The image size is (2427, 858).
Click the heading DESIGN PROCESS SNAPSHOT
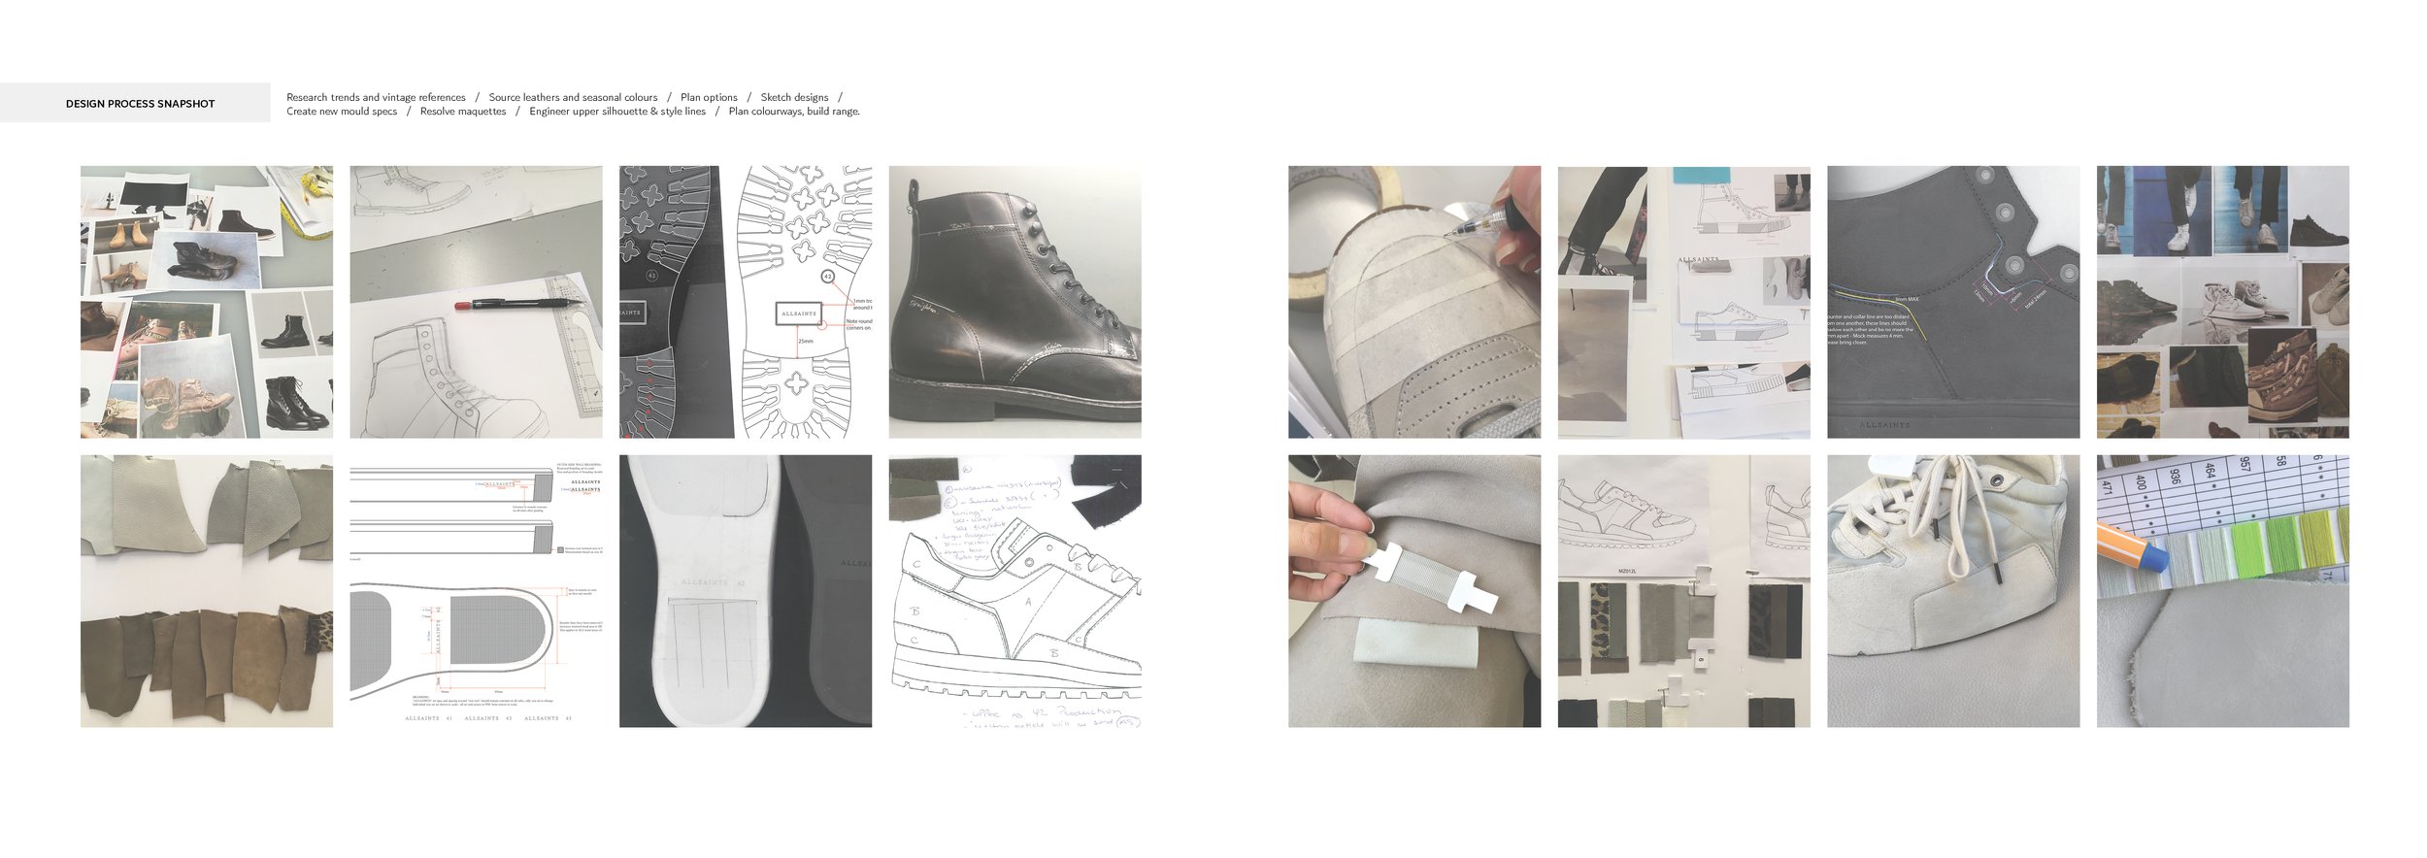tap(140, 104)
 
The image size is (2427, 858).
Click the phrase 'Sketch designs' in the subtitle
tap(794, 97)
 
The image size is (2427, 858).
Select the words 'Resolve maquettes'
tap(463, 112)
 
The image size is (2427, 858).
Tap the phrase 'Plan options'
tap(709, 97)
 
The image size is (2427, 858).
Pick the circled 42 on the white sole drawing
tap(828, 277)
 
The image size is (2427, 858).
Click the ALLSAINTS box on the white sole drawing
tap(799, 313)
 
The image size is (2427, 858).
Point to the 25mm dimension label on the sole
tap(806, 342)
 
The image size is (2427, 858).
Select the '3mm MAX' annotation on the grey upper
tap(1906, 299)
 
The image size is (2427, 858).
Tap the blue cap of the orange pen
tap(2153, 557)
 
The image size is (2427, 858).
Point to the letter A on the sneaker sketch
tap(1028, 602)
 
